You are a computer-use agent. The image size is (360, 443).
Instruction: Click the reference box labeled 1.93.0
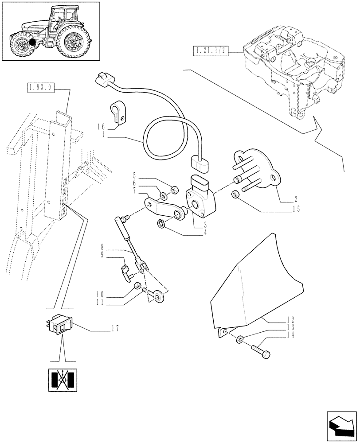pyautogui.click(x=39, y=88)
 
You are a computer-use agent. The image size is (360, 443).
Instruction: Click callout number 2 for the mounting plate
pyautogui.click(x=295, y=199)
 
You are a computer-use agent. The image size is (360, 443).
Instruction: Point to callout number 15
pyautogui.click(x=295, y=209)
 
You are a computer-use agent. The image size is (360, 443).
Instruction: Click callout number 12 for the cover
pyautogui.click(x=290, y=319)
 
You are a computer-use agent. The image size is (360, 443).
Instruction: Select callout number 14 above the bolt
pyautogui.click(x=290, y=335)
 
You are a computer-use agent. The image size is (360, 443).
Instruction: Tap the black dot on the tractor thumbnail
pyautogui.click(x=31, y=43)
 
